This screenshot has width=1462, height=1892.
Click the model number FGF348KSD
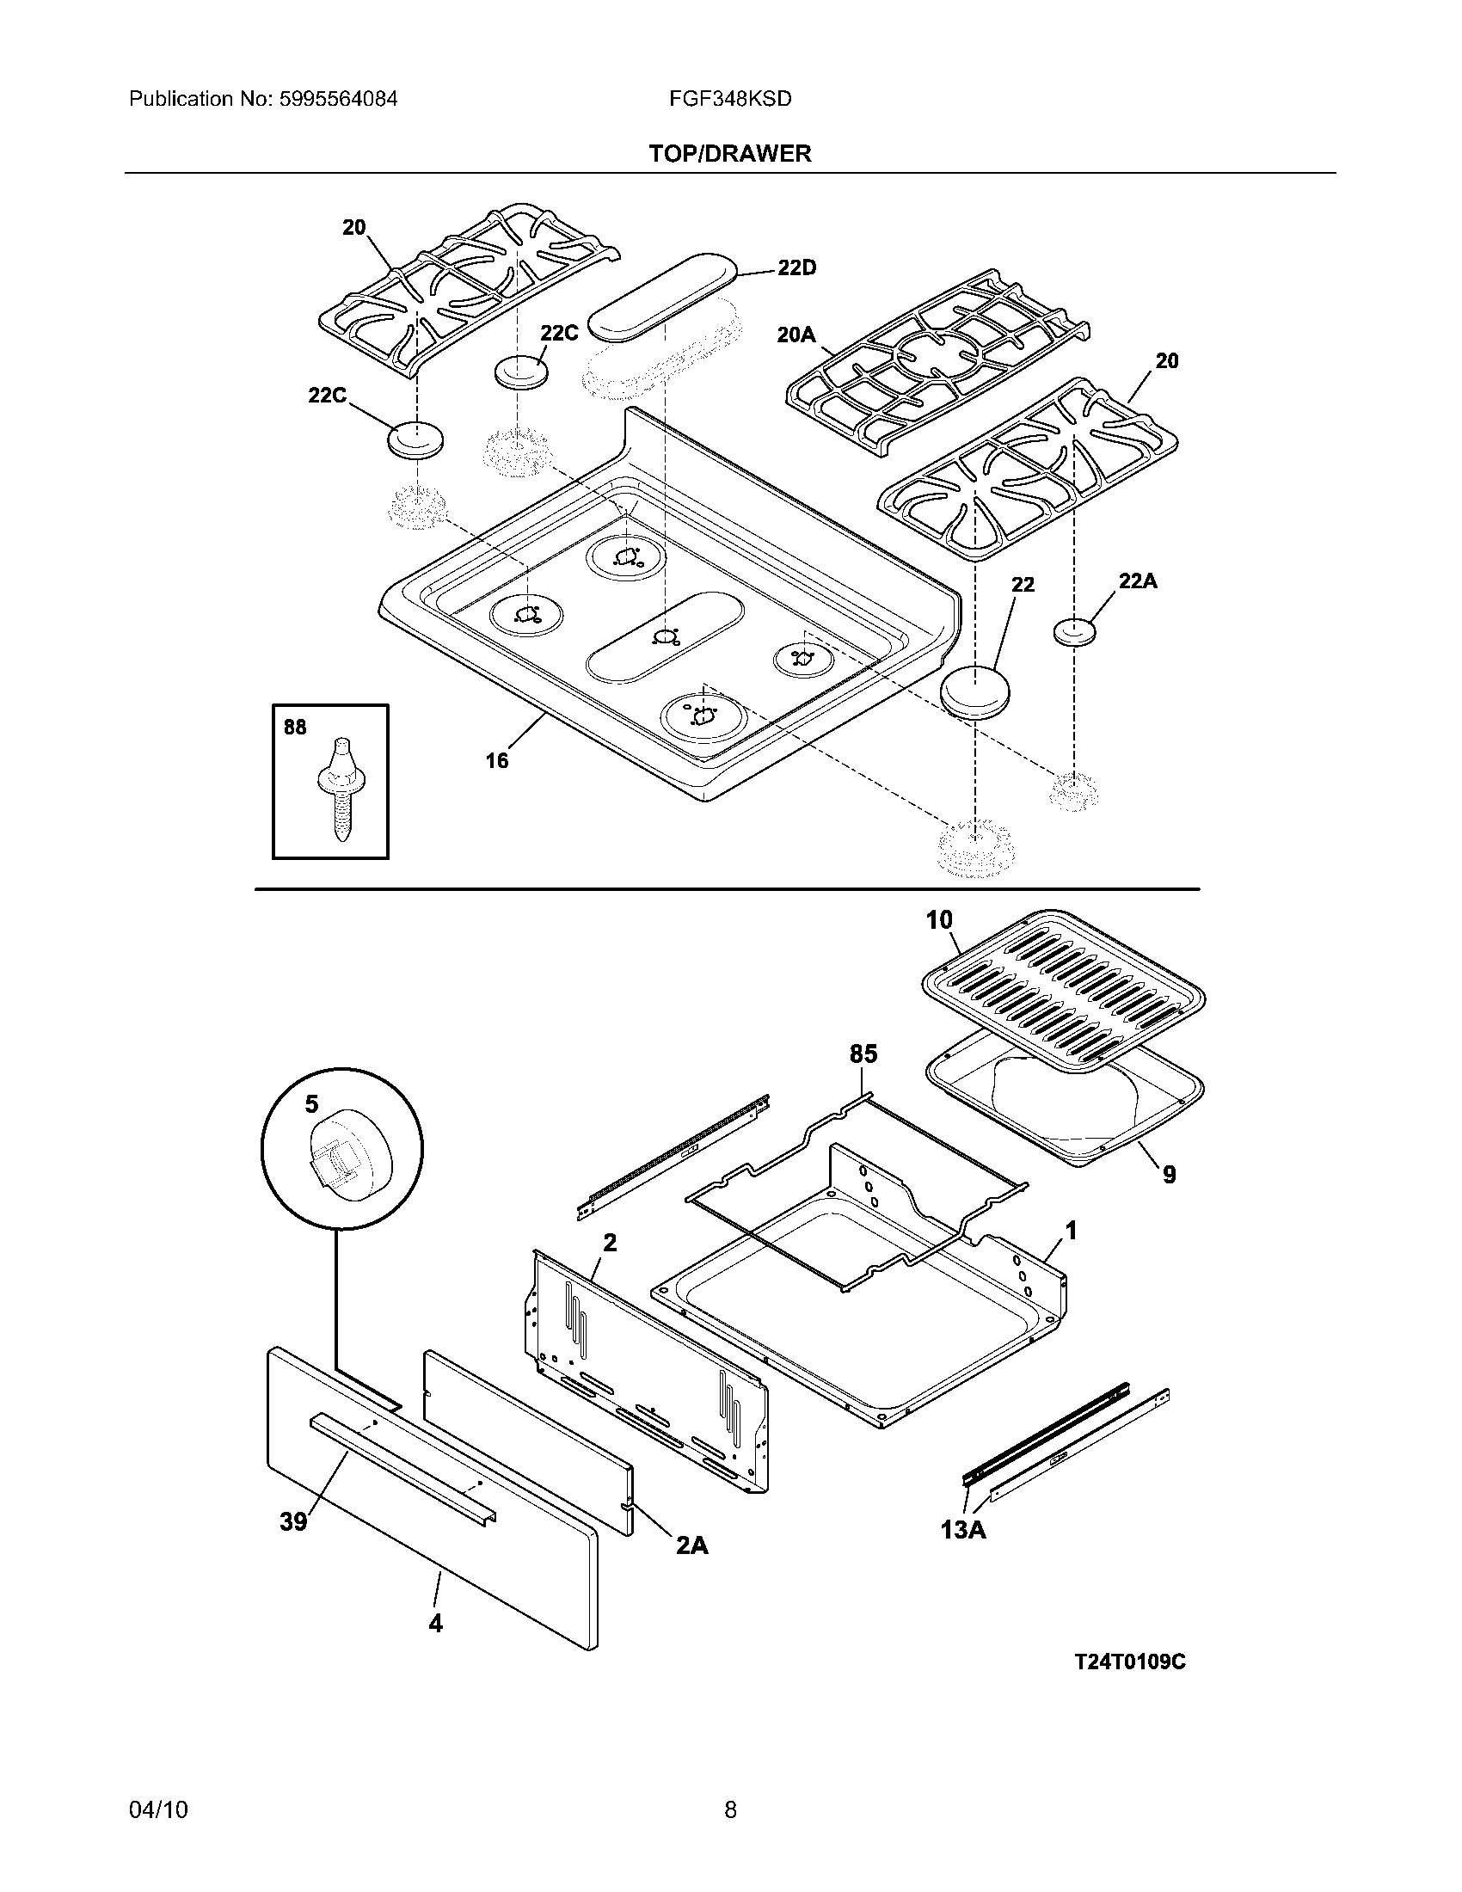coord(729,99)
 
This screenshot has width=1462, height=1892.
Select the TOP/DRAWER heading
coord(730,153)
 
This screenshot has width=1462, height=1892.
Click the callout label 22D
coord(796,267)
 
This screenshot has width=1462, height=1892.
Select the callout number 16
coord(497,760)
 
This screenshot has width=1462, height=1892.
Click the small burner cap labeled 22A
coord(1075,631)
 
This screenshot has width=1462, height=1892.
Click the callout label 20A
coord(796,335)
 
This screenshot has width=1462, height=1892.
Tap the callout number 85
coord(863,1053)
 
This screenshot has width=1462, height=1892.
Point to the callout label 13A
coord(963,1530)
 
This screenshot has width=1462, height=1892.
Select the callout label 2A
coord(691,1545)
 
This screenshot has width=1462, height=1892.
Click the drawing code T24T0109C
coord(1129,1662)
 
